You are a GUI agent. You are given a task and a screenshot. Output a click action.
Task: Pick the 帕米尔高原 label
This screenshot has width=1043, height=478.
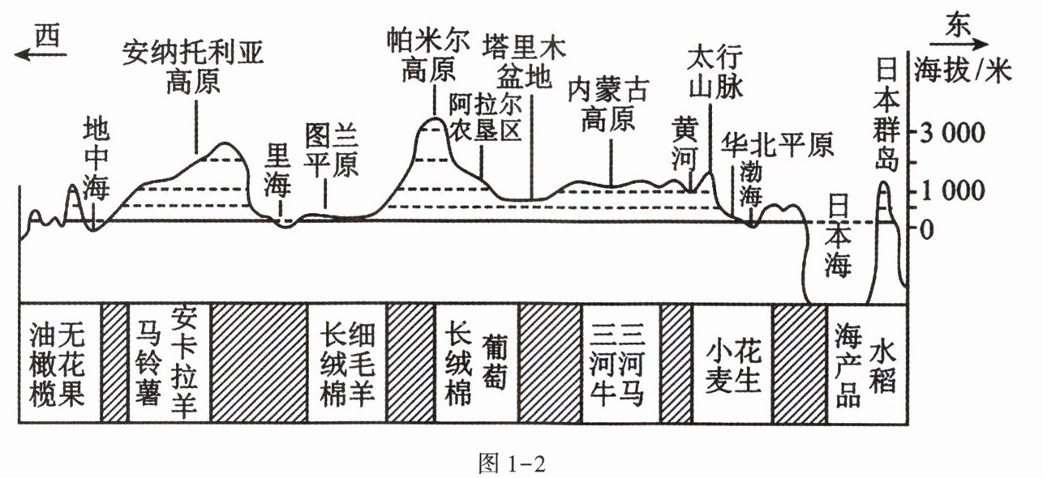[428, 57]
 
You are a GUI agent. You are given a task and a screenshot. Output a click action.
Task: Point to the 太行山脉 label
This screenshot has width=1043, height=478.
[715, 72]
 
